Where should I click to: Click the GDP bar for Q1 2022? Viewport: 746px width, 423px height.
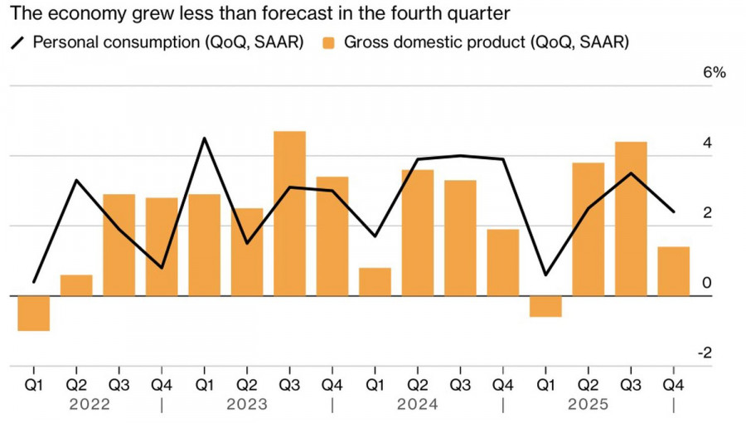pyautogui.click(x=33, y=313)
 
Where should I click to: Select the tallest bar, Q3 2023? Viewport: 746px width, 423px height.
pyautogui.click(x=289, y=213)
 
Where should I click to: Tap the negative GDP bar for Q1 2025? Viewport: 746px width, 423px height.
pyautogui.click(x=545, y=306)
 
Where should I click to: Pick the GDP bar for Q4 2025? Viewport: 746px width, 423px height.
pyautogui.click(x=673, y=271)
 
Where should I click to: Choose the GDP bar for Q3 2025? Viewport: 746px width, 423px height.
pyautogui.click(x=631, y=219)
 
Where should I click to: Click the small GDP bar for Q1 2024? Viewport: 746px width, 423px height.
pyautogui.click(x=375, y=282)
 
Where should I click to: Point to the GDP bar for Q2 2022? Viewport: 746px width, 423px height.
pyautogui.click(x=76, y=285)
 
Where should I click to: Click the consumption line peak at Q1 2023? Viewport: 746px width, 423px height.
pyautogui.click(x=204, y=138)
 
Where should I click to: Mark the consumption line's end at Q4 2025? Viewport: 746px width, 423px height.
pyautogui.click(x=673, y=211)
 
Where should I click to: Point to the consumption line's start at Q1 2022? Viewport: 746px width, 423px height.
pyautogui.click(x=33, y=282)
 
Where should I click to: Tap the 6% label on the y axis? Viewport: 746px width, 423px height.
pyautogui.click(x=714, y=73)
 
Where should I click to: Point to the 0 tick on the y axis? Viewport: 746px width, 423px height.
pyautogui.click(x=706, y=284)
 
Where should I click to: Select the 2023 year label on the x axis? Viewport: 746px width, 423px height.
pyautogui.click(x=246, y=405)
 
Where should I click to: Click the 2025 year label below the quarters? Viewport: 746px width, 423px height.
pyautogui.click(x=588, y=405)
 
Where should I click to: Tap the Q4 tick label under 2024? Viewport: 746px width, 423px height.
pyautogui.click(x=502, y=385)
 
